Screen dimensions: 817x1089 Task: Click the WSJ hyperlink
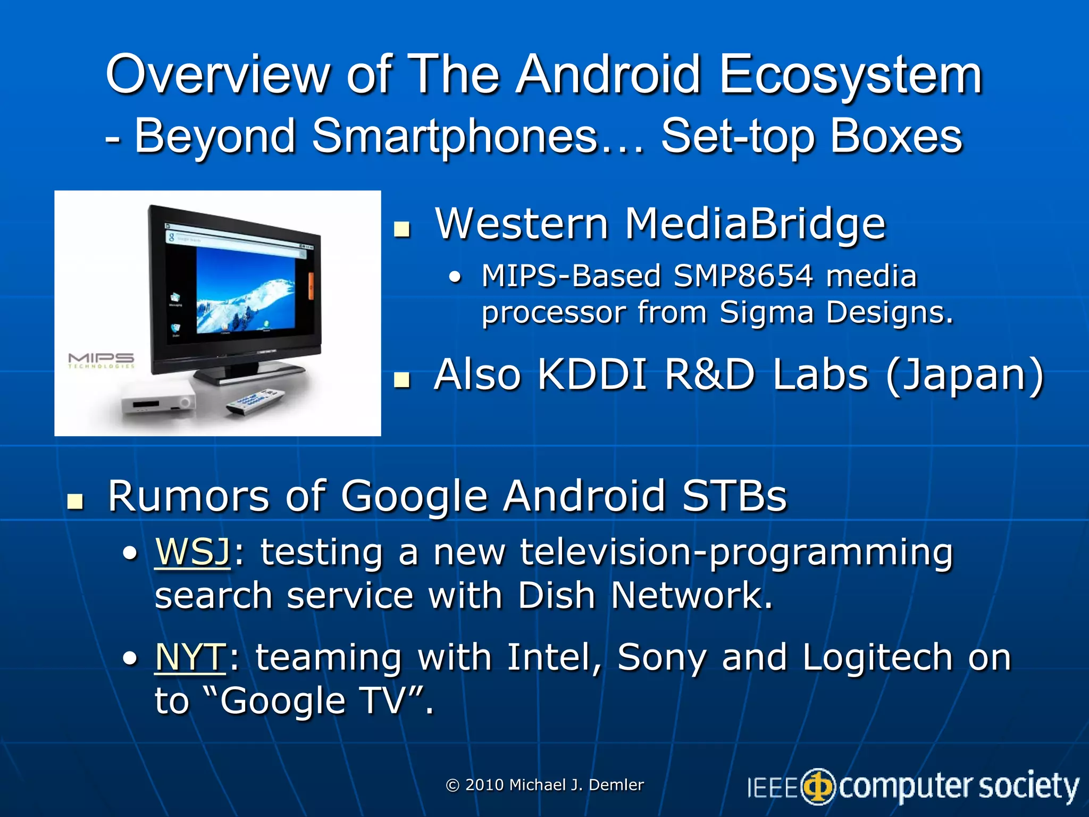192,552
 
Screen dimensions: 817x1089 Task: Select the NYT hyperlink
190,657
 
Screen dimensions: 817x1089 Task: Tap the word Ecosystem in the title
850,76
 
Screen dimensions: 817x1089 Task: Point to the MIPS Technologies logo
101,360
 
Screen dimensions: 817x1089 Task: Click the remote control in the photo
256,402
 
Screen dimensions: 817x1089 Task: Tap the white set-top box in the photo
157,404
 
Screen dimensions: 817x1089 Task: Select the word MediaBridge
755,224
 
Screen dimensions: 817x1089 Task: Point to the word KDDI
592,374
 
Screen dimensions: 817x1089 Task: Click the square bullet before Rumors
76,501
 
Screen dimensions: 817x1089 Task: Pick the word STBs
734,496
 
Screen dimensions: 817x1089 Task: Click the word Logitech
877,657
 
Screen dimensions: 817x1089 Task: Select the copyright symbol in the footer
453,785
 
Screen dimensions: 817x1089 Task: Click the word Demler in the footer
616,785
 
